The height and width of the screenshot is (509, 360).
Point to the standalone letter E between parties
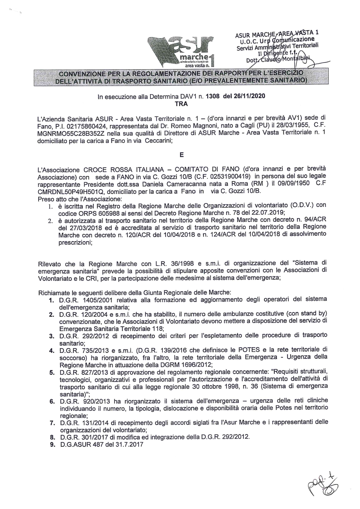pyautogui.click(x=181, y=155)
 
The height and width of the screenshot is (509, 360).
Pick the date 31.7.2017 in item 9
pyautogui.click(x=130, y=445)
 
